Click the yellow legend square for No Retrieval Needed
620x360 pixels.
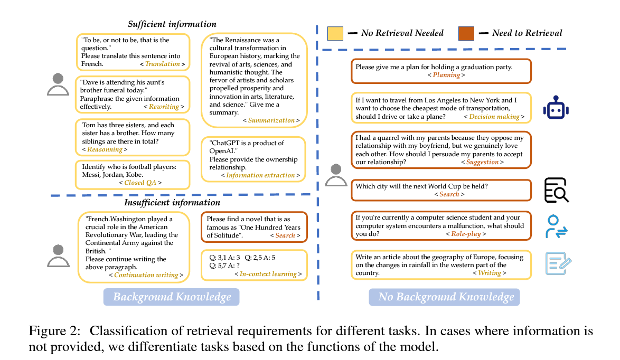[335, 33]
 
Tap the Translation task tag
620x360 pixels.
[163, 64]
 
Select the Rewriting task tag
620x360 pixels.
[164, 107]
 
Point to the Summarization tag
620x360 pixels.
[271, 120]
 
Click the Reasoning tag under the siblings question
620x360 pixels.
[105, 149]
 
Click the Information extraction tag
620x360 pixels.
[260, 175]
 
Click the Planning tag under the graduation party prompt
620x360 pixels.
[446, 75]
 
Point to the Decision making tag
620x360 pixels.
[494, 117]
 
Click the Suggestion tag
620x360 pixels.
[482, 162]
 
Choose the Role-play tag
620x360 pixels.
[466, 234]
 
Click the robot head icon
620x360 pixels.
[557, 109]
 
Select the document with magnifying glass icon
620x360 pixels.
[557, 190]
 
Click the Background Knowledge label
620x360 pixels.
[172, 297]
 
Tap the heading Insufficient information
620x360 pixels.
[172, 203]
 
